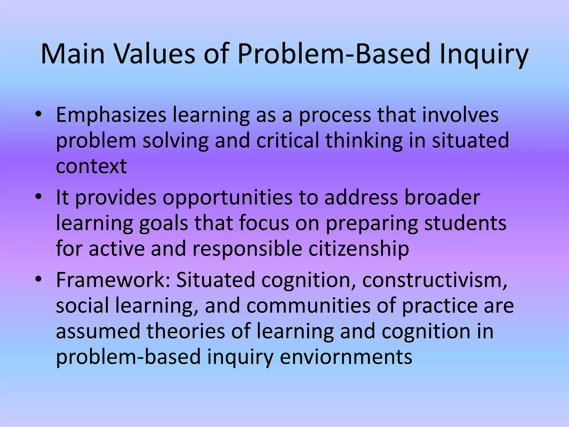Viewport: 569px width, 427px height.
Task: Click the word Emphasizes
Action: coord(111,115)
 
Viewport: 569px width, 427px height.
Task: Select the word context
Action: coord(91,166)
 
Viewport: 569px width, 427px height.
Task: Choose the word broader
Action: coord(442,197)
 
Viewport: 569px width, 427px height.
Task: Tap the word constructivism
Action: coord(435,280)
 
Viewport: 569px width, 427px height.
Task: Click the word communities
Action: coord(308,306)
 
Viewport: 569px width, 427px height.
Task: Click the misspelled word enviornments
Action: coord(346,357)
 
